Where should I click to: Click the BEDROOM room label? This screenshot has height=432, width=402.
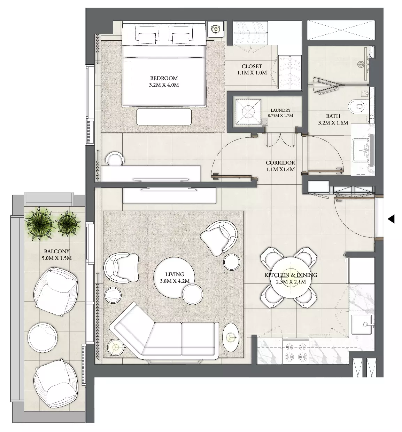[x=164, y=78]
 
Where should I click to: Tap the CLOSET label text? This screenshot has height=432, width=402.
[x=252, y=66]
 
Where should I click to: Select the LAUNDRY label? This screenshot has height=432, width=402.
[x=280, y=110]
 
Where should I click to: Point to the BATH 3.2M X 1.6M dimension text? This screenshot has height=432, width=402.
[x=333, y=123]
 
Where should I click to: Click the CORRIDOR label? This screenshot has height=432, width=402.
[x=280, y=163]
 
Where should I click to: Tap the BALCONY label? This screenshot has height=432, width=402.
[x=57, y=251]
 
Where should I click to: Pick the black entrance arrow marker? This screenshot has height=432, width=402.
[x=391, y=219]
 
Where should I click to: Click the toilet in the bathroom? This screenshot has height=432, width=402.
[x=357, y=106]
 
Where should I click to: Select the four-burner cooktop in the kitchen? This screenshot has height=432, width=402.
[x=296, y=352]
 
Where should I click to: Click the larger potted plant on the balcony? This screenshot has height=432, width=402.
[x=40, y=224]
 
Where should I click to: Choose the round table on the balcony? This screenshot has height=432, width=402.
[x=43, y=338]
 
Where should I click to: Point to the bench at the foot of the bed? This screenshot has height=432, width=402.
[x=164, y=117]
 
